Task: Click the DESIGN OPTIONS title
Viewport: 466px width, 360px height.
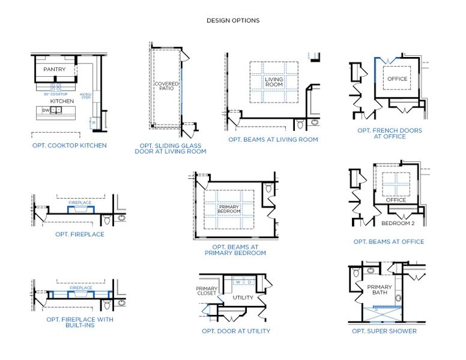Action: click(x=233, y=20)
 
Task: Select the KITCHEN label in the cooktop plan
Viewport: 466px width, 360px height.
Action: click(x=62, y=101)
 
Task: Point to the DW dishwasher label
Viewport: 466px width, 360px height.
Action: click(x=46, y=110)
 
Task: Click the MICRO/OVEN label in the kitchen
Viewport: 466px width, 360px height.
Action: click(x=85, y=95)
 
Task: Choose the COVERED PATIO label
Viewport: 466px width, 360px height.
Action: click(x=166, y=87)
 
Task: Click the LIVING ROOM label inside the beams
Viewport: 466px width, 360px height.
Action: click(x=274, y=82)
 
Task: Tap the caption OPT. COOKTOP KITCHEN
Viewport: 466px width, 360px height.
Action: click(x=70, y=145)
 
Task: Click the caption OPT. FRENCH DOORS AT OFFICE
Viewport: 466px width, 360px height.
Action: click(x=389, y=133)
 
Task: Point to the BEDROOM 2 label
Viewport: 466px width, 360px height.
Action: click(x=398, y=223)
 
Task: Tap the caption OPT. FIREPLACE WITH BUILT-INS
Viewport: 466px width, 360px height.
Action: click(x=79, y=322)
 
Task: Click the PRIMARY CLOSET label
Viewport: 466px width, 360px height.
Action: click(x=207, y=292)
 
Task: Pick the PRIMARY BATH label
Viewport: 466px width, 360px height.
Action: click(x=379, y=290)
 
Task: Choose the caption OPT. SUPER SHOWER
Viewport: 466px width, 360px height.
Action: click(x=384, y=331)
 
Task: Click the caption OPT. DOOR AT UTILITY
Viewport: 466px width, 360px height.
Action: click(x=236, y=331)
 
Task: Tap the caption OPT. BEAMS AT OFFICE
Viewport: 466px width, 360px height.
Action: click(x=389, y=242)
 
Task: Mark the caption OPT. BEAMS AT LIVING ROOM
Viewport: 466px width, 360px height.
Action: click(x=273, y=139)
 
